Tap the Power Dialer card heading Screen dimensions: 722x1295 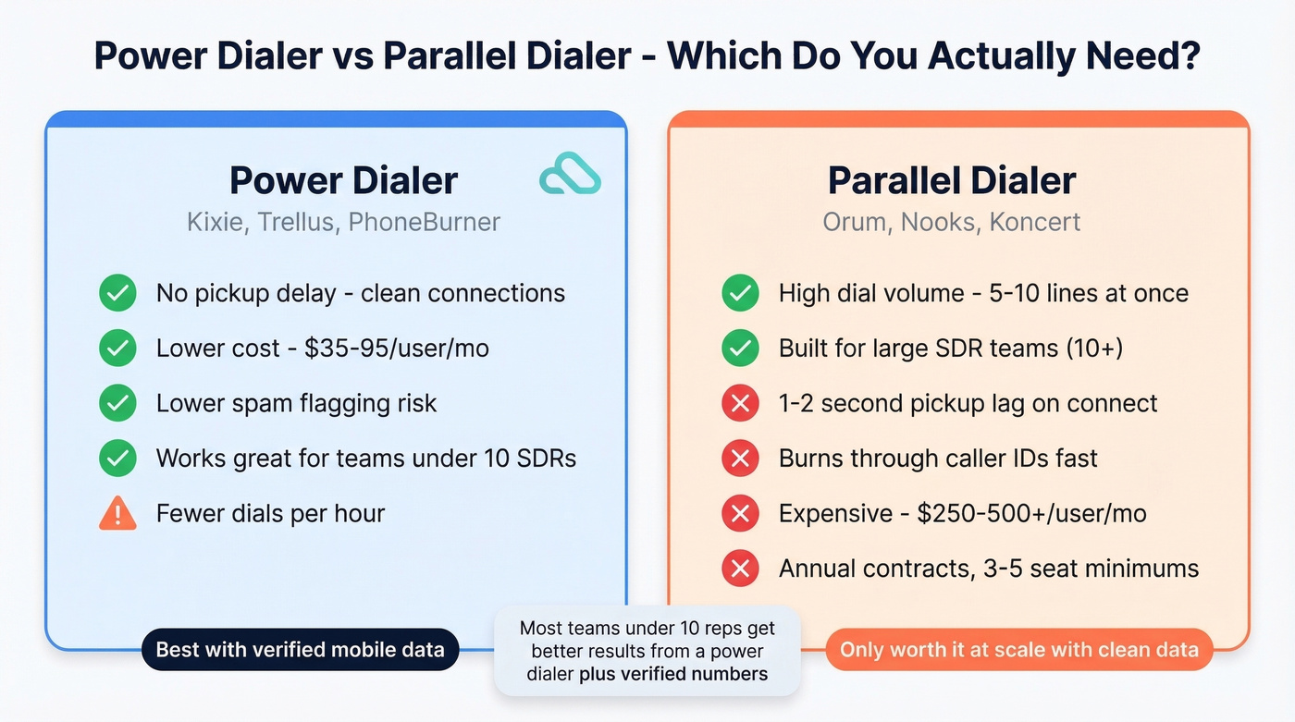point(343,180)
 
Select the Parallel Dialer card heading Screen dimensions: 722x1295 point(952,180)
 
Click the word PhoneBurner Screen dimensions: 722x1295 point(424,223)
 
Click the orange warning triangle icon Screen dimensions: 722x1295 point(117,513)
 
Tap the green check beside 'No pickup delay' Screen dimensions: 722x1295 point(117,294)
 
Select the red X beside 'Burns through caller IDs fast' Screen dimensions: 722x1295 point(740,459)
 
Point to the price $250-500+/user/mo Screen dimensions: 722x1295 point(1031,513)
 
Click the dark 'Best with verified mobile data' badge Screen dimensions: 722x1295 point(300,650)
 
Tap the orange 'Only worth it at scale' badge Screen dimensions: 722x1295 point(1018,650)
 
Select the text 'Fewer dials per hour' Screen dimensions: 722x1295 point(270,513)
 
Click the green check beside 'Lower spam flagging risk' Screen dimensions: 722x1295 point(117,403)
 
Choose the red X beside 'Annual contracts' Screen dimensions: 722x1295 point(740,568)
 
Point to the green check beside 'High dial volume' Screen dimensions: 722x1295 point(740,294)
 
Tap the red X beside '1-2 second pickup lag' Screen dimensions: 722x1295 point(740,403)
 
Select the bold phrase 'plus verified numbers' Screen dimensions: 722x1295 point(673,674)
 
